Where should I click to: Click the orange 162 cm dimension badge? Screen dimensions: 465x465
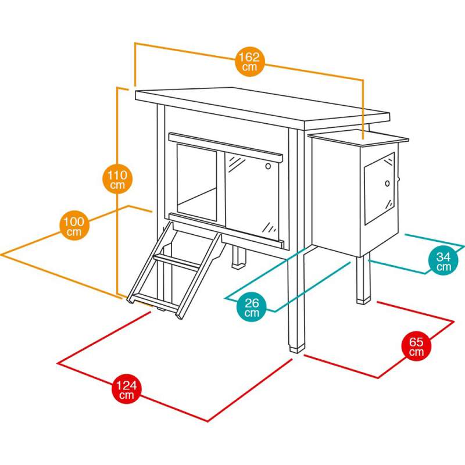(x=250, y=62)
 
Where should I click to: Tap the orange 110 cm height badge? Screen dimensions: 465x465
(x=117, y=179)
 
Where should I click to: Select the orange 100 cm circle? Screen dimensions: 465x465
(x=74, y=226)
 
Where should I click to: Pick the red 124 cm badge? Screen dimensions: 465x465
(x=127, y=389)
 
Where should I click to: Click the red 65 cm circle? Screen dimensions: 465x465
(x=416, y=346)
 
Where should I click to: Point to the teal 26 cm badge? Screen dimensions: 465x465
(x=252, y=307)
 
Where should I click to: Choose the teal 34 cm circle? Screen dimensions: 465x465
(x=443, y=260)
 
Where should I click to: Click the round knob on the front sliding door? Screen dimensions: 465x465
(x=268, y=166)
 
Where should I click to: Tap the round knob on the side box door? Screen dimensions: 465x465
(x=387, y=184)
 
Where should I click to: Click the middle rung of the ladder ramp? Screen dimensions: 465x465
(x=177, y=263)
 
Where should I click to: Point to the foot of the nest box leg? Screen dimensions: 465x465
(x=364, y=300)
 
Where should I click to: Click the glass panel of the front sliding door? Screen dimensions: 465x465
(x=252, y=196)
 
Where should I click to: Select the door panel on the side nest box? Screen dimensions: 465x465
(x=380, y=188)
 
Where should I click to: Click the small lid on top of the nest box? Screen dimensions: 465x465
(x=358, y=138)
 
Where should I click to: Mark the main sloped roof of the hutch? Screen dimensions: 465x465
(x=263, y=108)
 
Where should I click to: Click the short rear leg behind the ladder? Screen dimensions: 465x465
(x=239, y=257)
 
